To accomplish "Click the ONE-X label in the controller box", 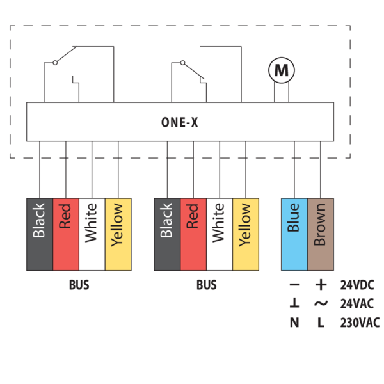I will click(179, 122).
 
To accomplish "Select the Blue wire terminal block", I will click(294, 234).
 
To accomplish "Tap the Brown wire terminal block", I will click(321, 234).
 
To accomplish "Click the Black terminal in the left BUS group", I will click(39, 234).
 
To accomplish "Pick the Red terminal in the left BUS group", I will click(65, 234).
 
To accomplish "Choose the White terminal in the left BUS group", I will click(92, 234).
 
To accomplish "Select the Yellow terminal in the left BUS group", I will click(118, 234).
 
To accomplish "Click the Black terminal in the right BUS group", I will click(167, 234).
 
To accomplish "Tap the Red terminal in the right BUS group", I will click(193, 234).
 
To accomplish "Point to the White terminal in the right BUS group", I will click(220, 234).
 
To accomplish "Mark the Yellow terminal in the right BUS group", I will click(246, 234).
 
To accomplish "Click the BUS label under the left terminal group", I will click(79, 285).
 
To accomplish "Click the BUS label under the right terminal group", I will click(206, 285).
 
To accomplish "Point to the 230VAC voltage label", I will click(360, 323).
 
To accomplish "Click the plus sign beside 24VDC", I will click(321, 285).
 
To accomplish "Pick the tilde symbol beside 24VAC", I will click(321, 304).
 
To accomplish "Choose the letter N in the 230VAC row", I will click(294, 323).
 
